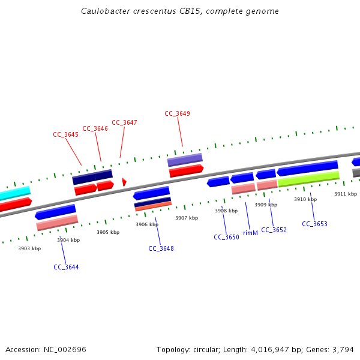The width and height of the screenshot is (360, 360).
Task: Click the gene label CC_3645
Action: [x=66, y=135]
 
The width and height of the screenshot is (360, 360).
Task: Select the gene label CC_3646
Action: [x=95, y=128]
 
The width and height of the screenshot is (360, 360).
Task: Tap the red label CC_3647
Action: [x=124, y=122]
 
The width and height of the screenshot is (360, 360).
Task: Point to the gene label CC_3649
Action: [x=177, y=113]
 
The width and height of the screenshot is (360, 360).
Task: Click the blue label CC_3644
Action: [x=66, y=267]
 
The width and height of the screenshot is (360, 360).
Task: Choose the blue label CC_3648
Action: [x=161, y=248]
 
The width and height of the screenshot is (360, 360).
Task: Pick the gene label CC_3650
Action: [x=226, y=237]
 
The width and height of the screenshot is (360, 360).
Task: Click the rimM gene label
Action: [x=250, y=233]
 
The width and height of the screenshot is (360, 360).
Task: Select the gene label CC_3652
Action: [x=274, y=230]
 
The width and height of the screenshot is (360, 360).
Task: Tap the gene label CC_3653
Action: [x=314, y=224]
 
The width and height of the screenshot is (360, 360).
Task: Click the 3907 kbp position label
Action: [x=186, y=218]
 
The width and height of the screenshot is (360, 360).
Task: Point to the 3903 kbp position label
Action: [x=29, y=248]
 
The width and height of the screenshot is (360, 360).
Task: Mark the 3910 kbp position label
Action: [x=305, y=199]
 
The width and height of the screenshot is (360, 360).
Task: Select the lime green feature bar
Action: [x=308, y=178]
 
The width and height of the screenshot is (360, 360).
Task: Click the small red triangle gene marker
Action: [x=124, y=182]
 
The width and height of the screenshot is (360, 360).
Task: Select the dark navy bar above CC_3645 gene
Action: [x=92, y=177]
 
